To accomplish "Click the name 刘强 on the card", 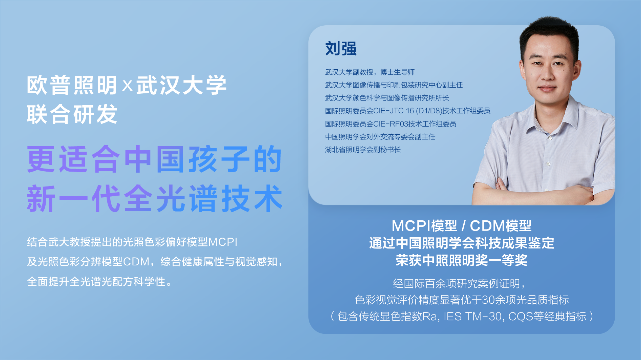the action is click(x=341, y=48).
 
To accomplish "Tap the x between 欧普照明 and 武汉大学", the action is click(x=127, y=85).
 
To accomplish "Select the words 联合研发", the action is click(x=72, y=114).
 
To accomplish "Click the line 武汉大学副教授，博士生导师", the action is click(x=370, y=72).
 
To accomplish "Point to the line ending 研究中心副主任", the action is click(x=394, y=85).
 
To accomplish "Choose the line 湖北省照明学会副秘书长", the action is click(x=363, y=149).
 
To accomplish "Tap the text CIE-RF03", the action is click(x=390, y=124).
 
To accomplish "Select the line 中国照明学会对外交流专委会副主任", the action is click(x=380, y=137).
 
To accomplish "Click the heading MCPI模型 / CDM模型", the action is click(x=461, y=226).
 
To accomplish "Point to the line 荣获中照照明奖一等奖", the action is click(x=461, y=260).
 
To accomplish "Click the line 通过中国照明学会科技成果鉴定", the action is click(x=461, y=243).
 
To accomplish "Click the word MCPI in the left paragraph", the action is click(x=223, y=242).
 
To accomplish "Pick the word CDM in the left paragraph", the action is click(x=136, y=262).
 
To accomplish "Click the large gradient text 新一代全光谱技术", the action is click(x=155, y=198).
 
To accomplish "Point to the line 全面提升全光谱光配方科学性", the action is click(x=100, y=282).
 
